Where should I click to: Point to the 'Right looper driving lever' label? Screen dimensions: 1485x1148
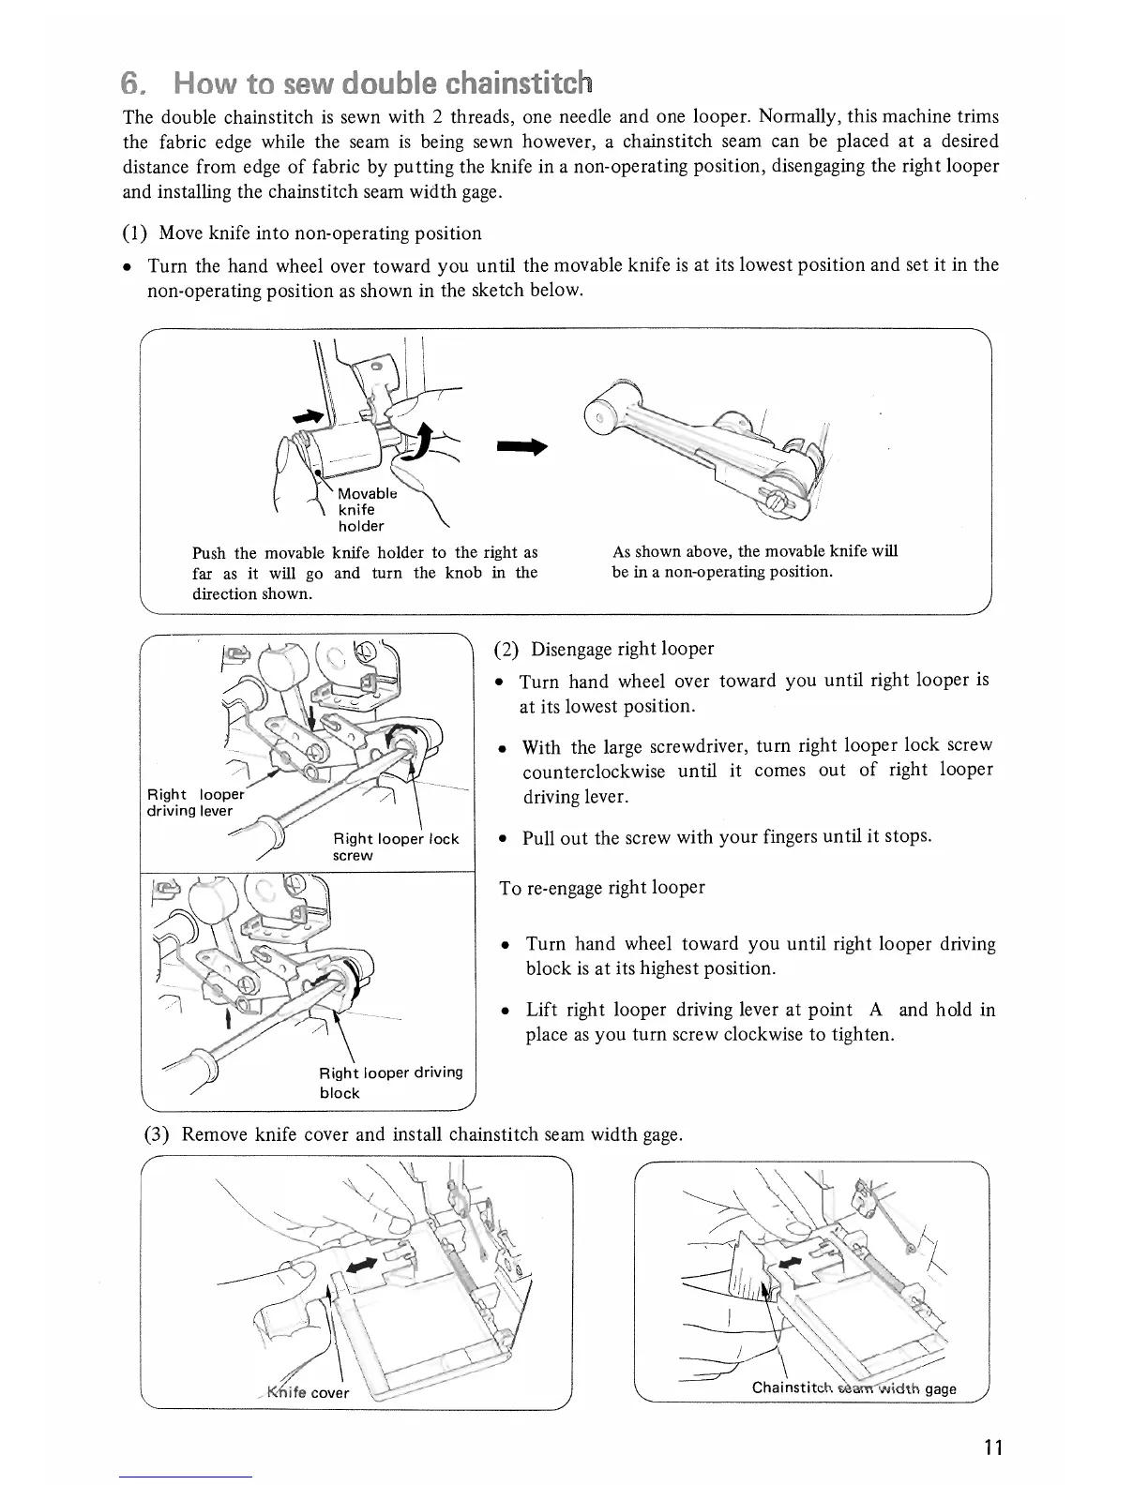pyautogui.click(x=190, y=802)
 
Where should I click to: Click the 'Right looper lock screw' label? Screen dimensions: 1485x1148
pyautogui.click(x=395, y=847)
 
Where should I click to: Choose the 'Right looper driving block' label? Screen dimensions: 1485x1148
pyautogui.click(x=390, y=1082)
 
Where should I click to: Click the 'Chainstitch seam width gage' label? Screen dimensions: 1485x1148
pyautogui.click(x=853, y=1388)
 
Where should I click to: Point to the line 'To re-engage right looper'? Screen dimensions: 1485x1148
pyautogui.click(x=602, y=888)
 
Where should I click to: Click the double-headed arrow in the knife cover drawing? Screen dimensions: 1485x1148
pyautogui.click(x=361, y=1266)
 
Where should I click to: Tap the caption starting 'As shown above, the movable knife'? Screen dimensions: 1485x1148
pyautogui.click(x=754, y=561)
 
